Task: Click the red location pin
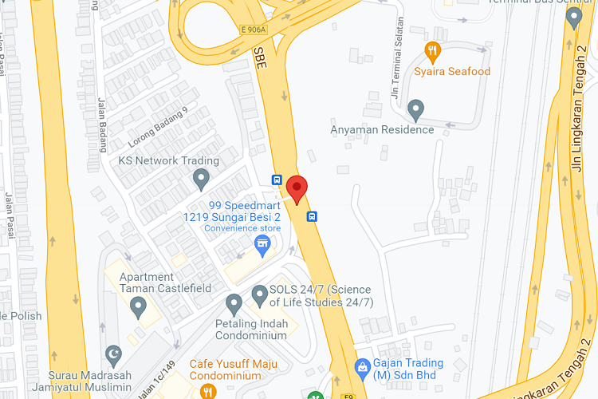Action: (297, 189)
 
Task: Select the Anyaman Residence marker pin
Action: (415, 109)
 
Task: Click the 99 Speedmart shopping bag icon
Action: (262, 243)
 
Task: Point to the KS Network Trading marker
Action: (201, 178)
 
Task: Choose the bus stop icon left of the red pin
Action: (277, 180)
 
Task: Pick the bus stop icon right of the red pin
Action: (313, 215)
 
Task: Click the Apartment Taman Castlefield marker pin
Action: (139, 306)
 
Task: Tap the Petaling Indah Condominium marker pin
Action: (234, 303)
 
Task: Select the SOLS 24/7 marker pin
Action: (259, 295)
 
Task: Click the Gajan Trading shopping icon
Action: (361, 365)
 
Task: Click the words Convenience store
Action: (242, 228)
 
